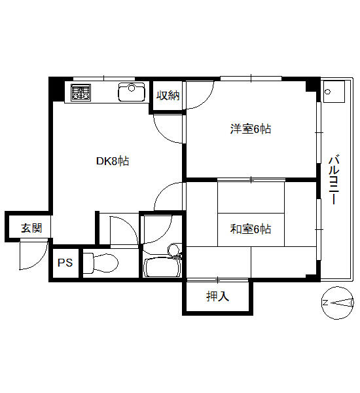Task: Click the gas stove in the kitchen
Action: point(81,92)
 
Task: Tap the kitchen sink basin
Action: point(132,92)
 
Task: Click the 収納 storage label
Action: point(168,95)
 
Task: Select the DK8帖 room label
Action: point(113,161)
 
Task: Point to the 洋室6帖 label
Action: point(251,129)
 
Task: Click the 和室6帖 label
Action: point(251,229)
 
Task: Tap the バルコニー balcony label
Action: point(334,179)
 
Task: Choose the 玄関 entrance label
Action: point(31,228)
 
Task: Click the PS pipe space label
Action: point(65,263)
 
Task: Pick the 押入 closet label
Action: point(218,296)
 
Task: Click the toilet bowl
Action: point(100,263)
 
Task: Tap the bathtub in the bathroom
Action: point(163,268)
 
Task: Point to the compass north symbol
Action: point(338,303)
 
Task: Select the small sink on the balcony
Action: point(334,92)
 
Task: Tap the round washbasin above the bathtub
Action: point(174,250)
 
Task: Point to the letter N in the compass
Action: point(325,303)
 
